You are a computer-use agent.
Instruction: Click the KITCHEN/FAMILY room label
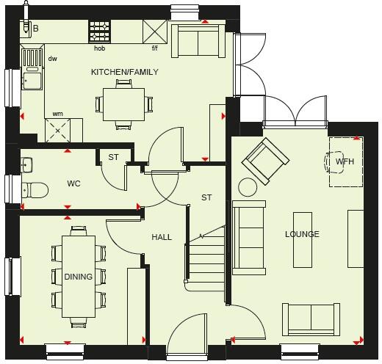coord(124,72)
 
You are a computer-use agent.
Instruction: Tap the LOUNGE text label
coord(303,234)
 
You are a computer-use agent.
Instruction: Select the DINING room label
coord(78,277)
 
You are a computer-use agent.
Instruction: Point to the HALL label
coord(162,237)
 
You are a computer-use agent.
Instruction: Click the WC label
coord(73,183)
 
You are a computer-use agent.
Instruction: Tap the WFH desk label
coord(345,161)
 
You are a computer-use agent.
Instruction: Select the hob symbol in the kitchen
coord(99,32)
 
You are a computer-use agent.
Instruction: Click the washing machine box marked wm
coord(58,131)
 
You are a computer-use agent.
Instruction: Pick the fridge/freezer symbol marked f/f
coord(155,32)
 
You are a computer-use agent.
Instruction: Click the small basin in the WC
coord(26,164)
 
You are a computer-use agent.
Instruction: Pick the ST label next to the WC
coord(113,157)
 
